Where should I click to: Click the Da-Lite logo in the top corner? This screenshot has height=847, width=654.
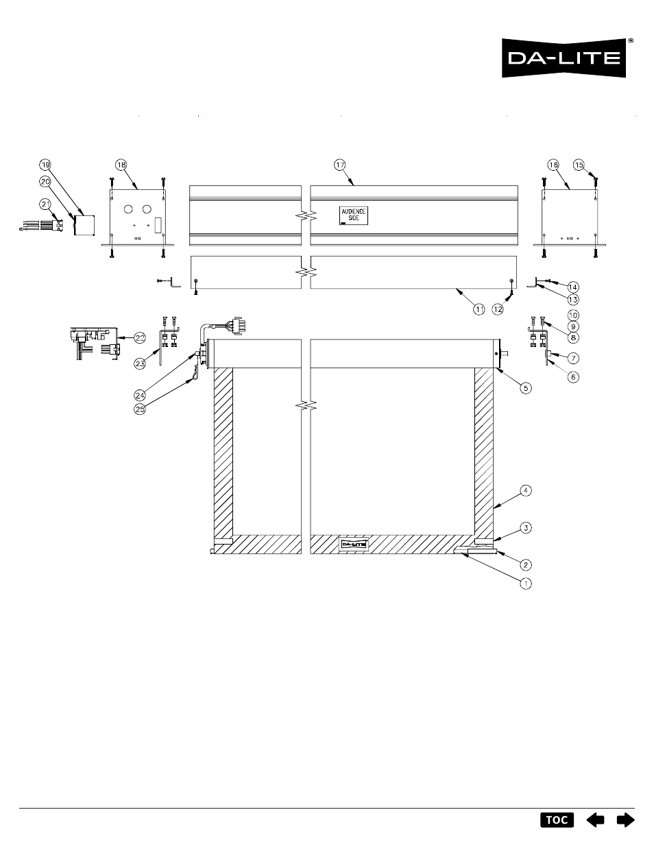click(x=564, y=58)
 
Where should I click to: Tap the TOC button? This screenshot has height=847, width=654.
click(x=557, y=820)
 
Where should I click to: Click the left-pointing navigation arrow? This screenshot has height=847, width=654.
click(x=595, y=820)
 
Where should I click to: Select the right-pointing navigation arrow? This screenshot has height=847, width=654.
click(x=626, y=820)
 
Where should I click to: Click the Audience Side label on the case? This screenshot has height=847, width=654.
click(x=353, y=215)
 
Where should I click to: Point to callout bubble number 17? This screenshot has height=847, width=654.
click(x=339, y=165)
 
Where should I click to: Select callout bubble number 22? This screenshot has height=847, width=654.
click(x=140, y=337)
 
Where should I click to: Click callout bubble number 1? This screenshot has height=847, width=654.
click(x=526, y=584)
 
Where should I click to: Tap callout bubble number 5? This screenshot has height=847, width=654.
click(x=526, y=387)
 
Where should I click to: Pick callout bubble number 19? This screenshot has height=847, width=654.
click(x=45, y=165)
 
